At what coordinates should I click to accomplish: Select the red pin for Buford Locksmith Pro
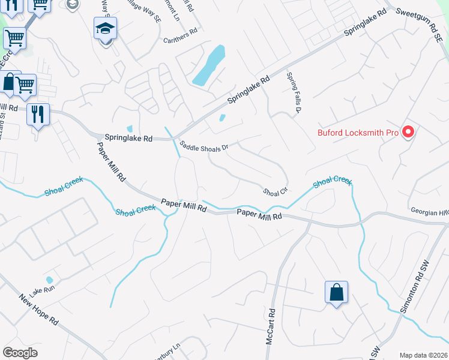[x=408, y=131]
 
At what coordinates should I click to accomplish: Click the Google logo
[x=20, y=353]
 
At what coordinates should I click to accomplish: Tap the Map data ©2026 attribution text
[x=423, y=355]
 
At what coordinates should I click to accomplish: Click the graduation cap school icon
[x=105, y=29]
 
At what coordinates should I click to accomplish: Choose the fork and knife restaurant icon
[x=38, y=113]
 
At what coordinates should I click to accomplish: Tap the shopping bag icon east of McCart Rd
[x=337, y=293]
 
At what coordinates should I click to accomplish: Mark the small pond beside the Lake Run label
[x=49, y=280]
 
